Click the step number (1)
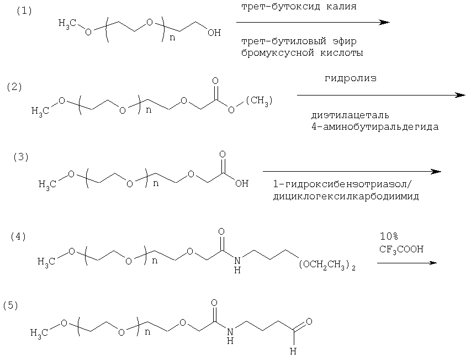24,11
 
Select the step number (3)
21,157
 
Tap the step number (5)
11,305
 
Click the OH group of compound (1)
214,33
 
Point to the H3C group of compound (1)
67,23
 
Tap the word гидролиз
351,78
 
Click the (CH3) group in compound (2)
259,100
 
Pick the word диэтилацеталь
350,115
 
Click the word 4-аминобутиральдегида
375,126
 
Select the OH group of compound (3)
242,183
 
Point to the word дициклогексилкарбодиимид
346,197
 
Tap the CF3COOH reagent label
401,249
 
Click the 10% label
389,237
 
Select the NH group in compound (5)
230,336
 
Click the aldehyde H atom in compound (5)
293,351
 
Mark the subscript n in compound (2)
149,110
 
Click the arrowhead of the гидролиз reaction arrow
460,95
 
